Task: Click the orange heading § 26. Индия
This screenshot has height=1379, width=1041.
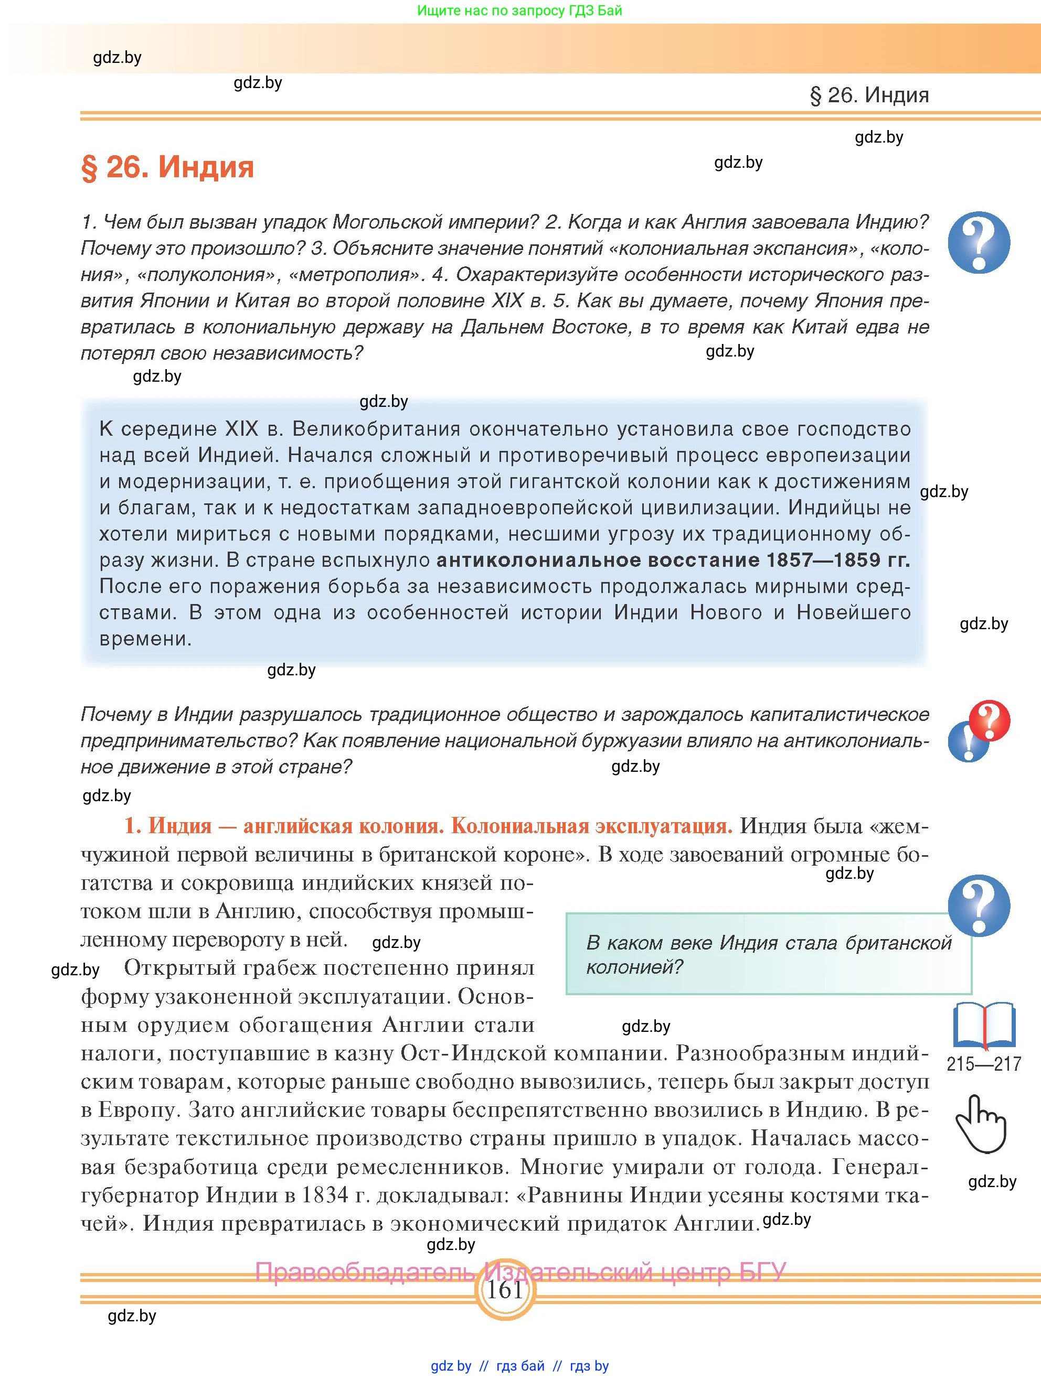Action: [167, 167]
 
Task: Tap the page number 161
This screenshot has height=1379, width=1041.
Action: [504, 1290]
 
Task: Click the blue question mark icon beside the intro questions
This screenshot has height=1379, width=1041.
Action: [979, 243]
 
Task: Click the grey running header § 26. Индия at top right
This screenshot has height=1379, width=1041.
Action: [869, 95]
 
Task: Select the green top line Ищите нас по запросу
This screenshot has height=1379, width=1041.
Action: [519, 10]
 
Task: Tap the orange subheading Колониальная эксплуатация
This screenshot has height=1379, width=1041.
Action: [591, 825]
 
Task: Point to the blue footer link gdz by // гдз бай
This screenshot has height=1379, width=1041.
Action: [519, 1366]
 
